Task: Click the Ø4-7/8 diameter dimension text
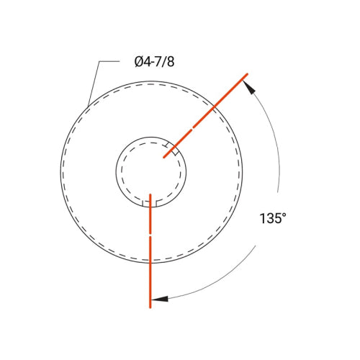pyautogui.click(x=154, y=62)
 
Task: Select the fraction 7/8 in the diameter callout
pyautogui.click(x=163, y=62)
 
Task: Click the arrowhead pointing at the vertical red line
pyautogui.click(x=160, y=297)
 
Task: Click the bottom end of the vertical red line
pyautogui.click(x=150, y=307)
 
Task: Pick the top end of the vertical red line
pyautogui.click(x=150, y=194)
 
